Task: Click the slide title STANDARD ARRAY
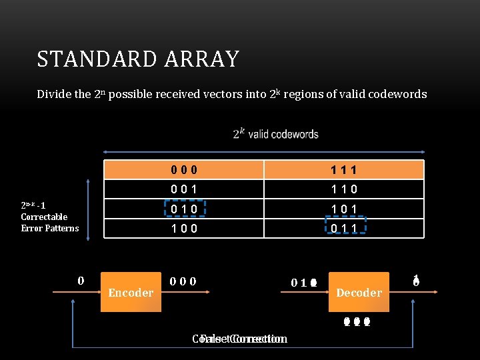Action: click(138, 59)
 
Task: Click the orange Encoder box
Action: click(131, 292)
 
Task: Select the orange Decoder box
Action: click(359, 292)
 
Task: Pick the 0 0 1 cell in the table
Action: click(183, 189)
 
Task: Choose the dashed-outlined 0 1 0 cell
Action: click(183, 209)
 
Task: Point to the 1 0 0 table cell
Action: click(183, 229)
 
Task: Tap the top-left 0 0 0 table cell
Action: click(183, 170)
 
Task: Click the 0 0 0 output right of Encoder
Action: click(183, 281)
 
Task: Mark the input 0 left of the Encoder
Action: click(81, 281)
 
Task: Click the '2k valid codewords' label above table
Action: click(276, 134)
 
